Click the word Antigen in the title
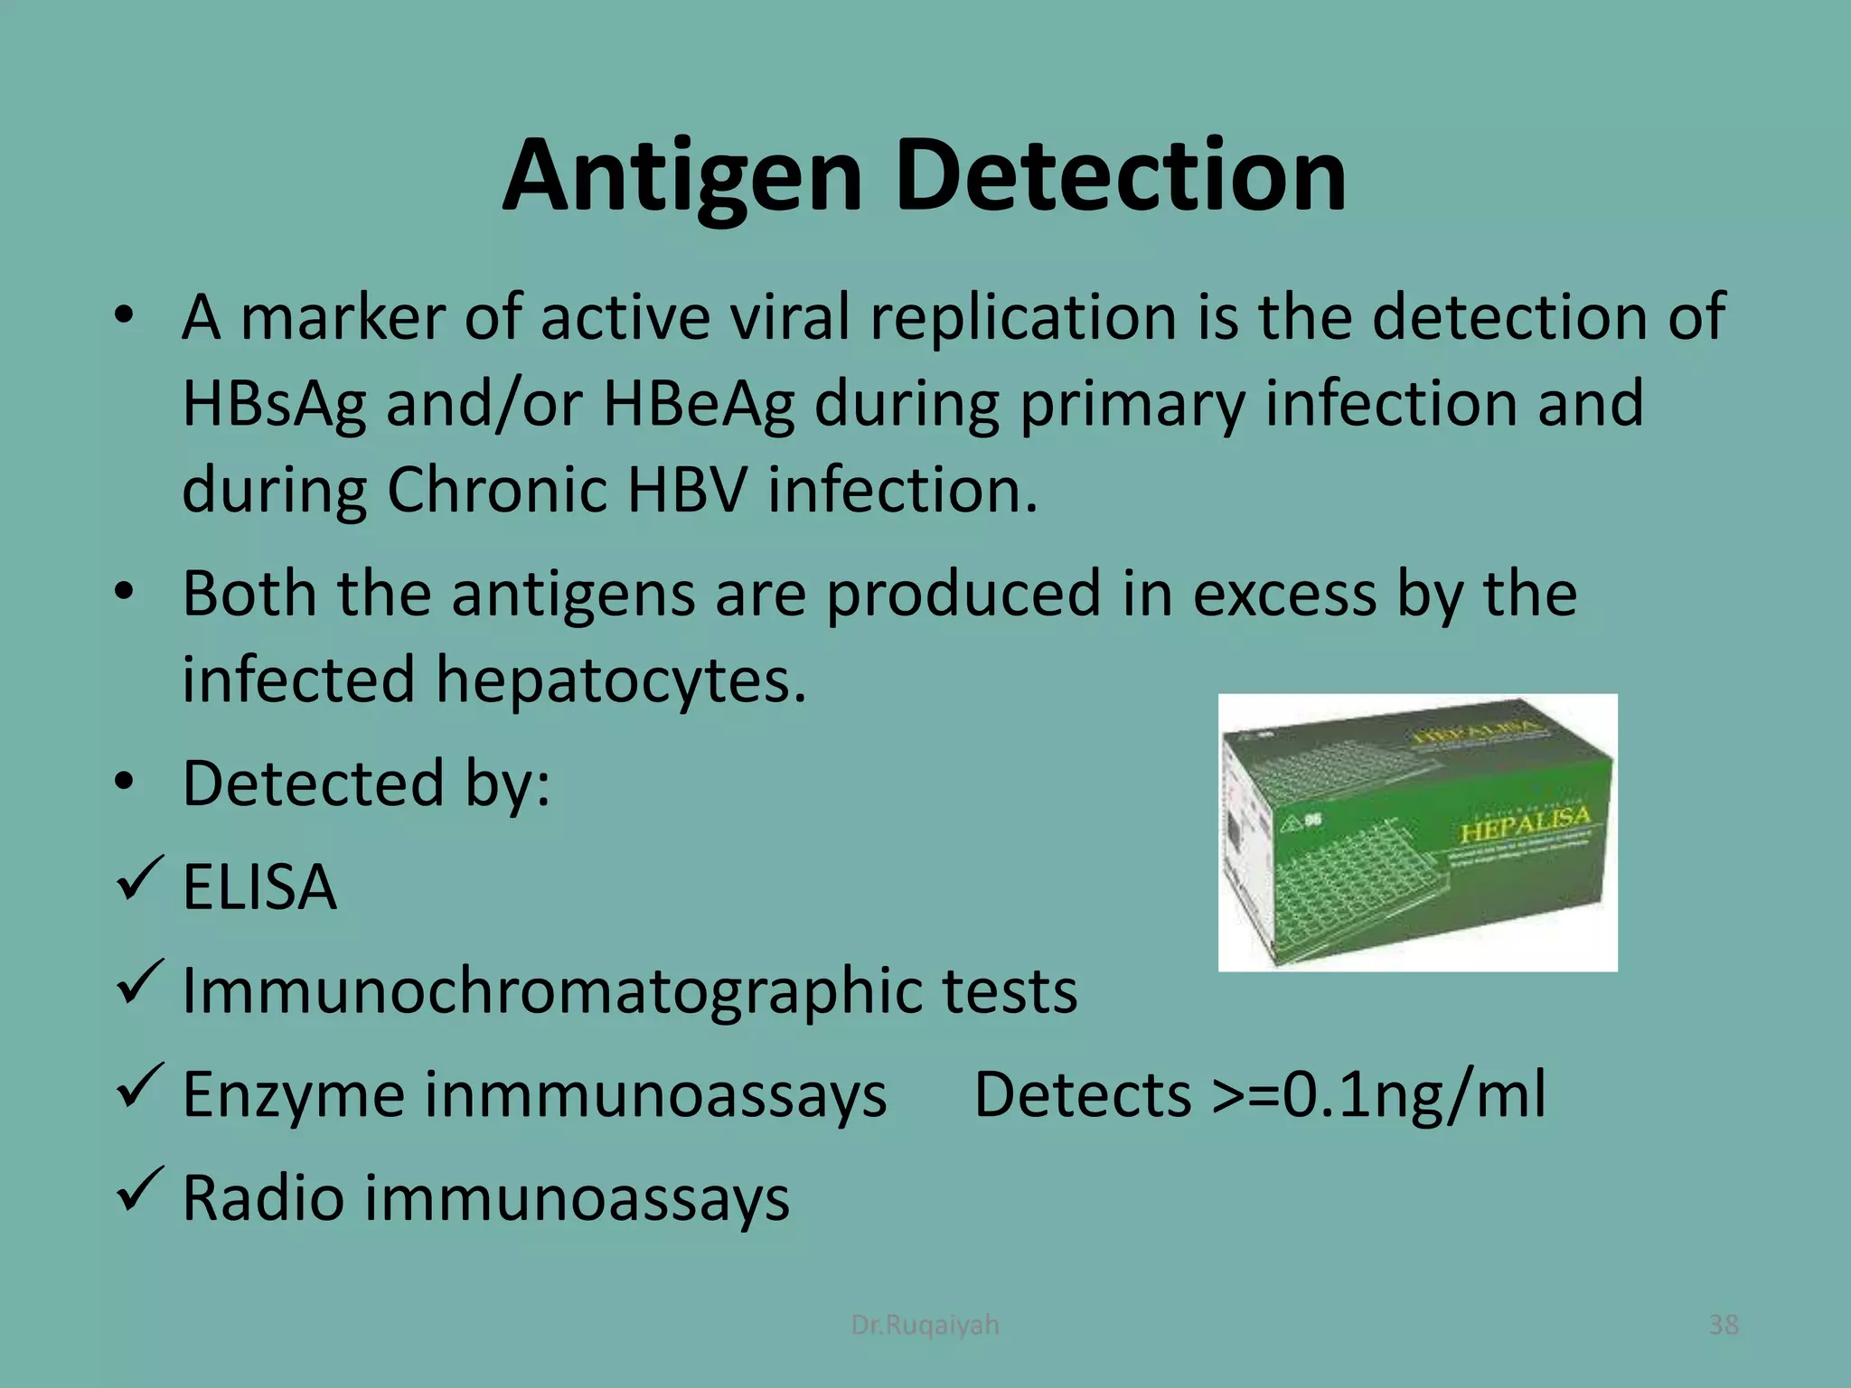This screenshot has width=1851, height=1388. click(x=682, y=176)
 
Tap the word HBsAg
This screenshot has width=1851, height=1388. click(x=274, y=404)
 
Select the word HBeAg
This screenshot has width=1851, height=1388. click(x=699, y=404)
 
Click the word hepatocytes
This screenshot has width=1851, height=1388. click(x=621, y=679)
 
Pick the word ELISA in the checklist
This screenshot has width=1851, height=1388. click(x=260, y=887)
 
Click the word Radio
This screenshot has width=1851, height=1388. click(x=263, y=1198)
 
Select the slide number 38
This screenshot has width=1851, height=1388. click(x=1723, y=1325)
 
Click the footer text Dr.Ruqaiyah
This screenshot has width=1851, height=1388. click(x=925, y=1325)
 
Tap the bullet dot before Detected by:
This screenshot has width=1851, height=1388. click(x=124, y=782)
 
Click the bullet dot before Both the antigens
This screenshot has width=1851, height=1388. click(x=124, y=592)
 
